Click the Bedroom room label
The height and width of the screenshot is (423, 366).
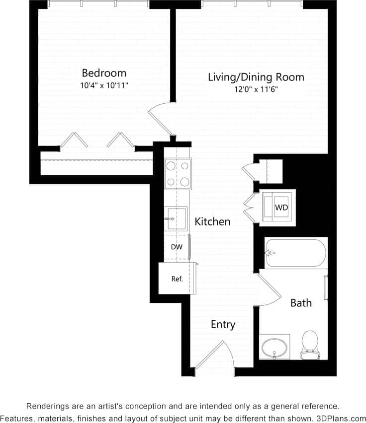(104, 73)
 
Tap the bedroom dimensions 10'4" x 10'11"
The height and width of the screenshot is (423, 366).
(104, 85)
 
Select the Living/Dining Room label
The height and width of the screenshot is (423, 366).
(256, 77)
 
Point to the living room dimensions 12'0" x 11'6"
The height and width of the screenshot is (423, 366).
(256, 90)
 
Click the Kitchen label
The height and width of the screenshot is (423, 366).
(212, 221)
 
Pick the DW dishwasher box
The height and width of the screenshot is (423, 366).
(177, 247)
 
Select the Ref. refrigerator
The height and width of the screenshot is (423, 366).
(177, 279)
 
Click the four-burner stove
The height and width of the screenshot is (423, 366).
(178, 173)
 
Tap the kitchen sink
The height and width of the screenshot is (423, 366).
(177, 219)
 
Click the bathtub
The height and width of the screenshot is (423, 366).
(295, 253)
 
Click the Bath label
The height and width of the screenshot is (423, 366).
(301, 302)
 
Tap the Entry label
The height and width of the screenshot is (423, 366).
(222, 325)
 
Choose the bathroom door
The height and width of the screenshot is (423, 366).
(270, 289)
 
